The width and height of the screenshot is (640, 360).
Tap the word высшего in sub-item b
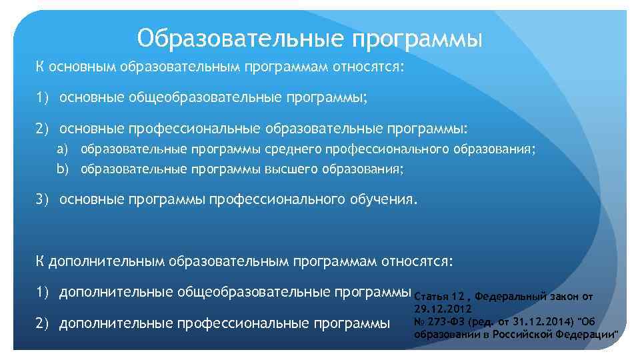point(291,169)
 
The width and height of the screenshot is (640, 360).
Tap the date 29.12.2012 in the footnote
point(443,309)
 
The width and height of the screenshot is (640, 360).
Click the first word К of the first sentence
point(40,67)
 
